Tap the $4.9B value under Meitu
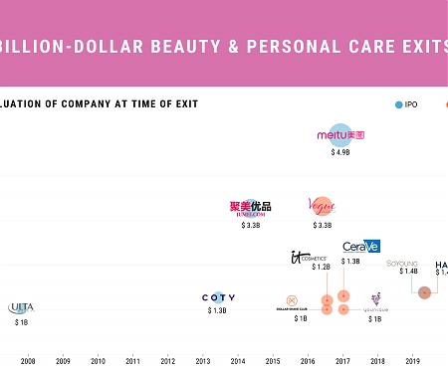340,153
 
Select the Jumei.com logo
250,208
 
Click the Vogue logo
323,207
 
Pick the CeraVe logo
360,247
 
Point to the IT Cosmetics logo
308,258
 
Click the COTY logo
218,297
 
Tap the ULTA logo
21,308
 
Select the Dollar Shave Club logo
292,302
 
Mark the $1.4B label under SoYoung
408,272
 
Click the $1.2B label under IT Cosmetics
321,268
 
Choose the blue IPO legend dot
399,103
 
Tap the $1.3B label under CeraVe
350,262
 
